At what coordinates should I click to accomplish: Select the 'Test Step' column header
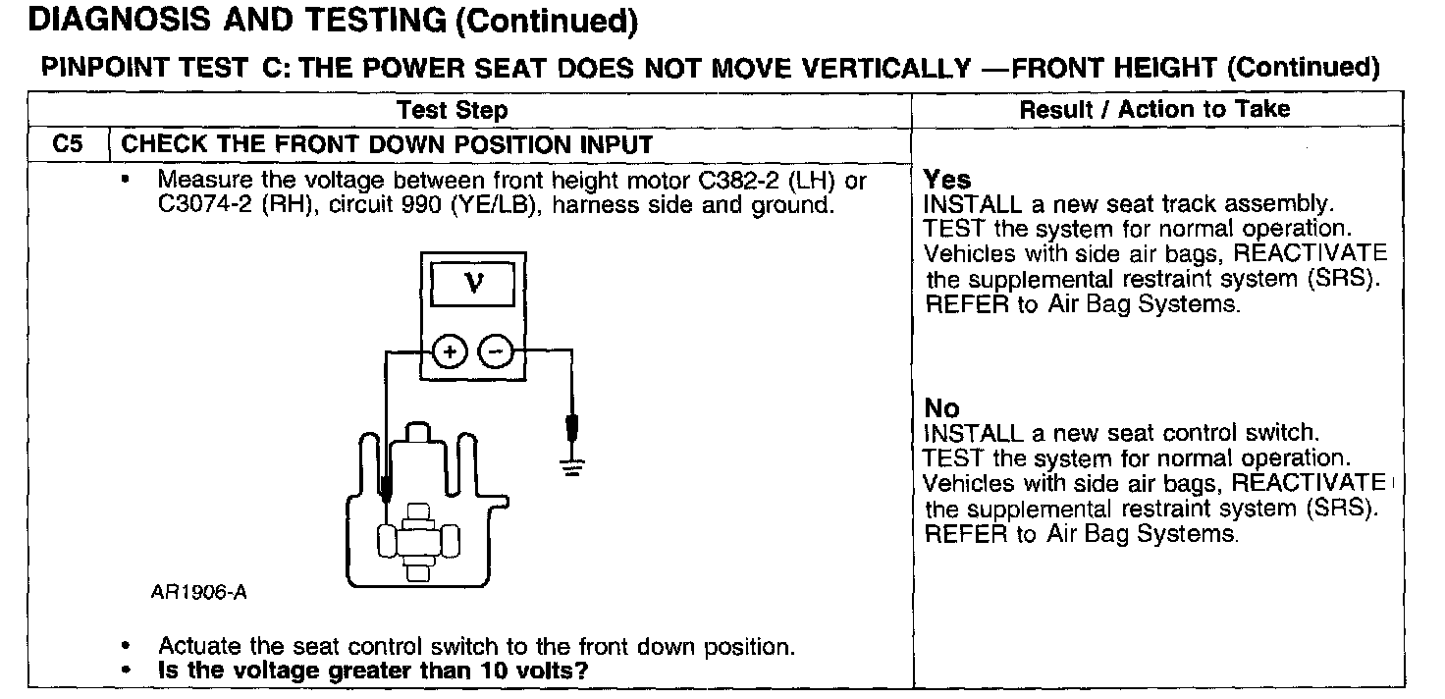point(453,110)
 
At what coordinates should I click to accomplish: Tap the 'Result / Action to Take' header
point(1154,109)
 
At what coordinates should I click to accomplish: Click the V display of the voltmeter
point(473,285)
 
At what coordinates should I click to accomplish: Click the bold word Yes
point(947,180)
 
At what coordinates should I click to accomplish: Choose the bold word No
point(941,407)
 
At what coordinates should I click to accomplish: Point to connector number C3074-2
point(200,206)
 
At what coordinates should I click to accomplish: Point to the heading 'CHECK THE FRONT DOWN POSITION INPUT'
point(387,145)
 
